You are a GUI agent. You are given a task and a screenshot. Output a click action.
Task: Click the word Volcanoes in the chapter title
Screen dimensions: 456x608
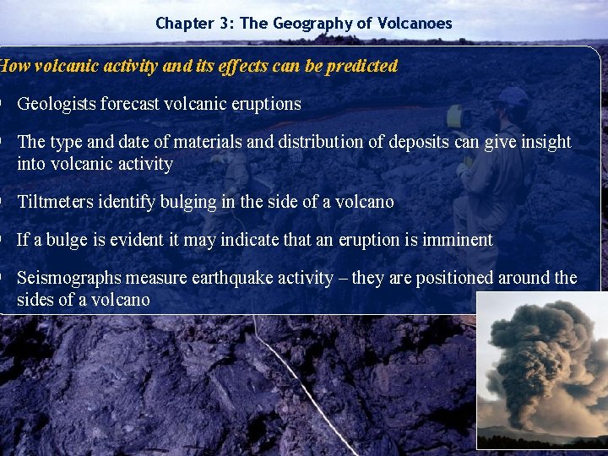coord(415,24)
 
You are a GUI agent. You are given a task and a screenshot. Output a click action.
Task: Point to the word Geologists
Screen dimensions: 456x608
coord(55,104)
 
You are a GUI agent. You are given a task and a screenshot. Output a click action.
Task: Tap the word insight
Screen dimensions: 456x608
coord(544,142)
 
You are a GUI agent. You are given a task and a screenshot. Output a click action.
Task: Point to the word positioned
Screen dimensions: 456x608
coord(456,278)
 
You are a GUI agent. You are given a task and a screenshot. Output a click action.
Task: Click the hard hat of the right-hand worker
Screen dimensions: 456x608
coord(512,95)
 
